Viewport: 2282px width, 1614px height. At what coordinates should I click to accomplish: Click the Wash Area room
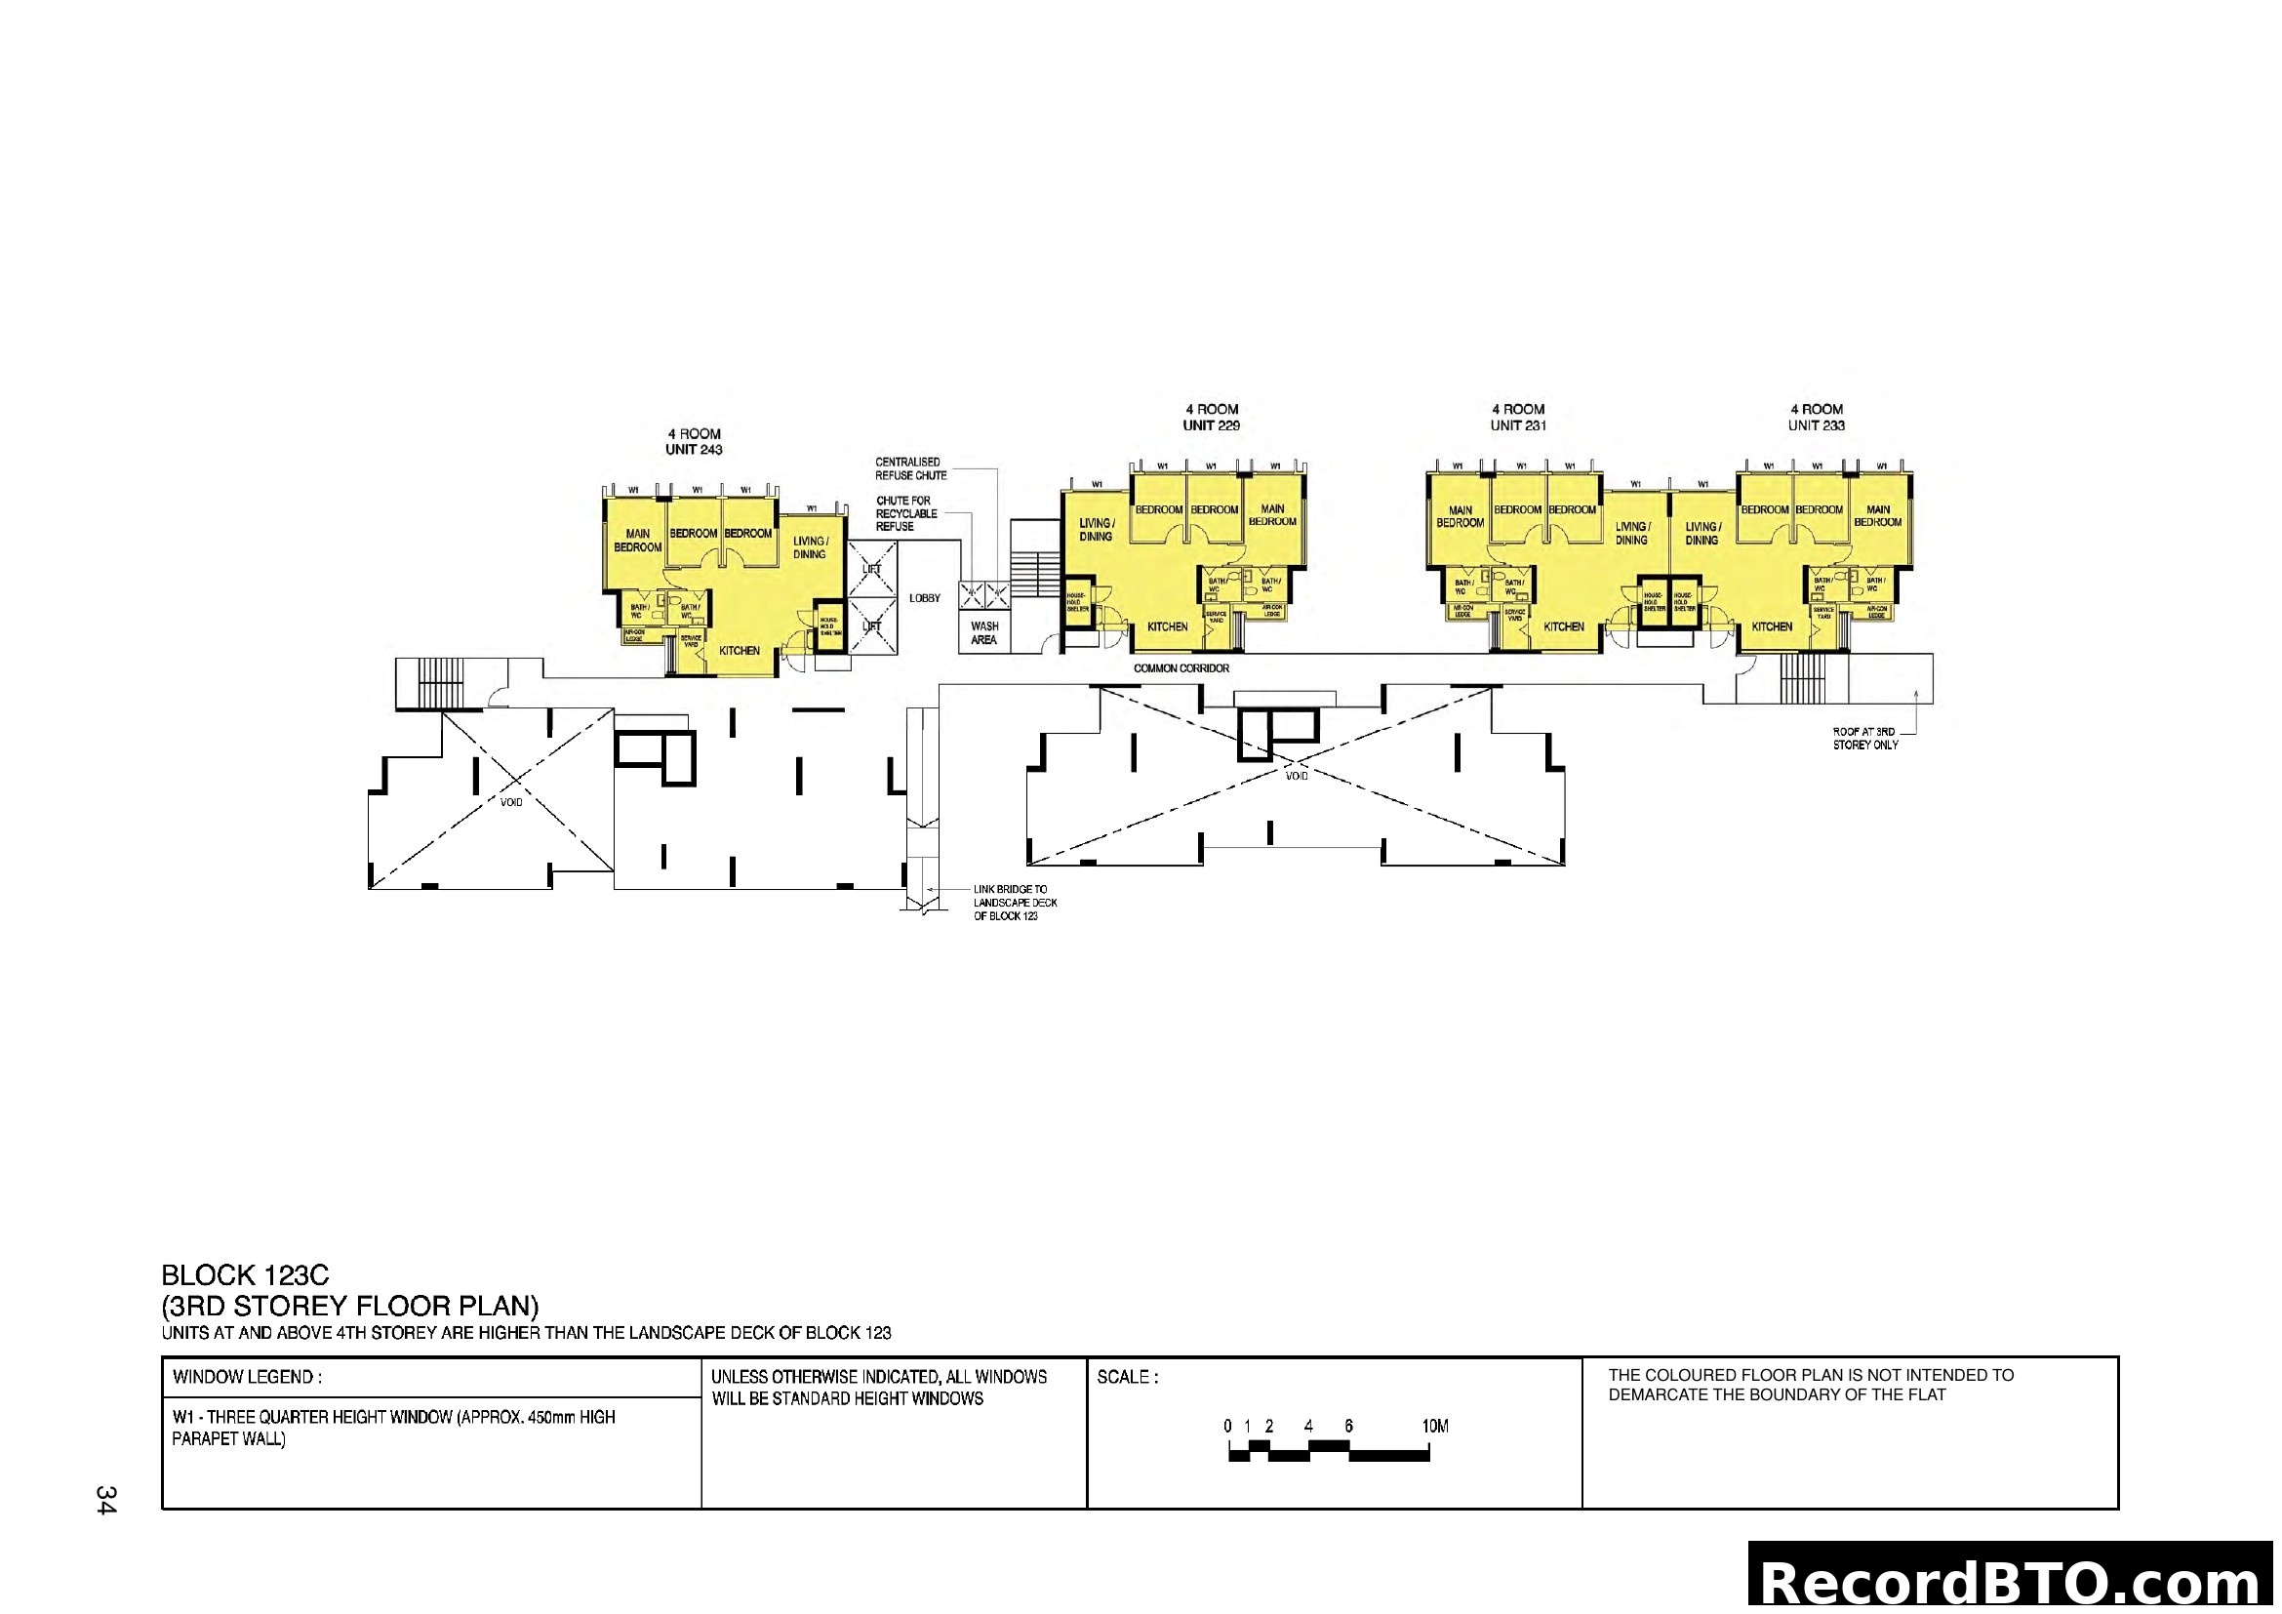coord(984,633)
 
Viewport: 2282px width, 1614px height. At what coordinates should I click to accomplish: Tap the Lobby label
coord(924,598)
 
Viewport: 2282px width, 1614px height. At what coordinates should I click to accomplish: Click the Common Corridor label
coord(1181,668)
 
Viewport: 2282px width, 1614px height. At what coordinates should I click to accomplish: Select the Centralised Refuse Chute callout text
coord(910,469)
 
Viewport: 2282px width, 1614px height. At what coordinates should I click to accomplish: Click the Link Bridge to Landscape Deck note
coord(1015,903)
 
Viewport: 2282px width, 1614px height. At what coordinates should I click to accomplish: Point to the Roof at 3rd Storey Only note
coord(1864,739)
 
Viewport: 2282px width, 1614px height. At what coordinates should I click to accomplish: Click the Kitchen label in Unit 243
coord(739,651)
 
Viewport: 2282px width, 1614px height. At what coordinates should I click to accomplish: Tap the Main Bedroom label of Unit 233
coord(1877,516)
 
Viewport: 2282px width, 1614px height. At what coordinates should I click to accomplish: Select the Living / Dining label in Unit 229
coord(1097,530)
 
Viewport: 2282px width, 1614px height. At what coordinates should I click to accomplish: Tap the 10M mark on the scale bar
coord(1434,1427)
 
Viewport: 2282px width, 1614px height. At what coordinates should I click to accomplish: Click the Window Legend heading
coord(247,1378)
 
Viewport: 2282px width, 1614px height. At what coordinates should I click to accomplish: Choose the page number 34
coord(106,1500)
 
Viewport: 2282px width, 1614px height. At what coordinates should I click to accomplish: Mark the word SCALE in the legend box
coord(1127,1378)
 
